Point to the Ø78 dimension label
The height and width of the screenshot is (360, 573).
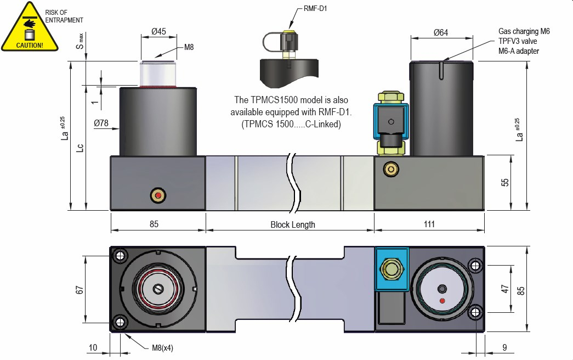pos(101,123)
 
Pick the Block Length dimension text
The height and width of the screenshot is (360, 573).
pos(293,224)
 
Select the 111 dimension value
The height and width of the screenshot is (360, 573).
pos(429,224)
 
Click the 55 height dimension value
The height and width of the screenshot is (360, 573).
pos(506,182)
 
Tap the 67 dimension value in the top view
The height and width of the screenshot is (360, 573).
pos(79,289)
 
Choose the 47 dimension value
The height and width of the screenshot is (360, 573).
pos(506,289)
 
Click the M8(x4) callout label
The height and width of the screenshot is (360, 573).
pos(162,348)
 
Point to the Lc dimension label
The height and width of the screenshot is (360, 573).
pos(80,148)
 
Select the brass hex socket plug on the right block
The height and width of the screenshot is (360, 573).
pos(390,170)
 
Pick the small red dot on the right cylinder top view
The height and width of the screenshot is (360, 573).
pos(442,301)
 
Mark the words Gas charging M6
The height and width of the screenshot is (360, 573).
pos(523,32)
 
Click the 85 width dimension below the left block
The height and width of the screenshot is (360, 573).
pos(154,224)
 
